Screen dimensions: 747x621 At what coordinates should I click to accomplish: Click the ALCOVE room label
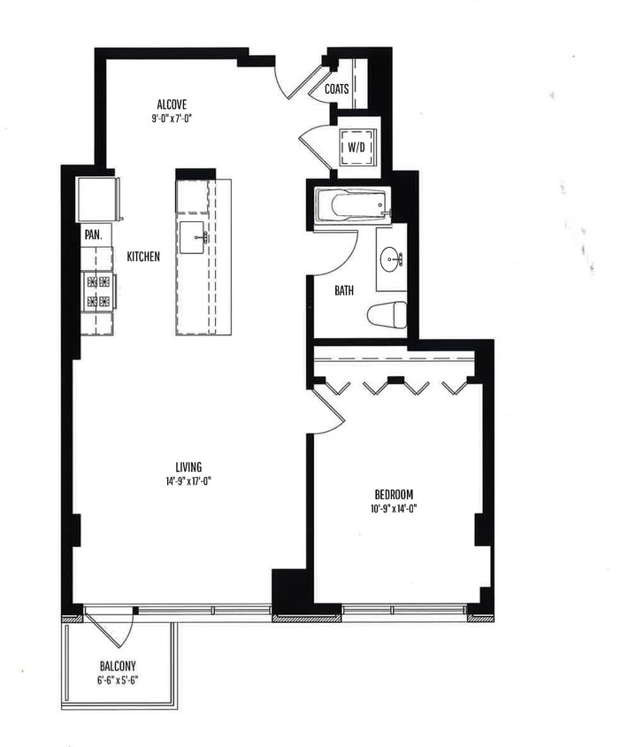(x=172, y=104)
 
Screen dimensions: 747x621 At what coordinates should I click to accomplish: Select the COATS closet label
(x=336, y=89)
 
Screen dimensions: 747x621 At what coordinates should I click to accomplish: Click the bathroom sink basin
(x=390, y=259)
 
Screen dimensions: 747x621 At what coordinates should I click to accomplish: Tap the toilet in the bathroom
(x=387, y=314)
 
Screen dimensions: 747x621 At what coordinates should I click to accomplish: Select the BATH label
(x=345, y=290)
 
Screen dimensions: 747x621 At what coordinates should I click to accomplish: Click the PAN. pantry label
(x=92, y=235)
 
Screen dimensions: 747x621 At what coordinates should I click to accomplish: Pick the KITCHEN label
(x=143, y=258)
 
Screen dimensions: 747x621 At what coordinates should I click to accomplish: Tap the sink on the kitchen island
(x=193, y=237)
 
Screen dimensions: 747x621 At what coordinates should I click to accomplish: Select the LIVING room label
(x=188, y=467)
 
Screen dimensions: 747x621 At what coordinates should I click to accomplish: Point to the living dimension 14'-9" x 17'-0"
(x=188, y=481)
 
